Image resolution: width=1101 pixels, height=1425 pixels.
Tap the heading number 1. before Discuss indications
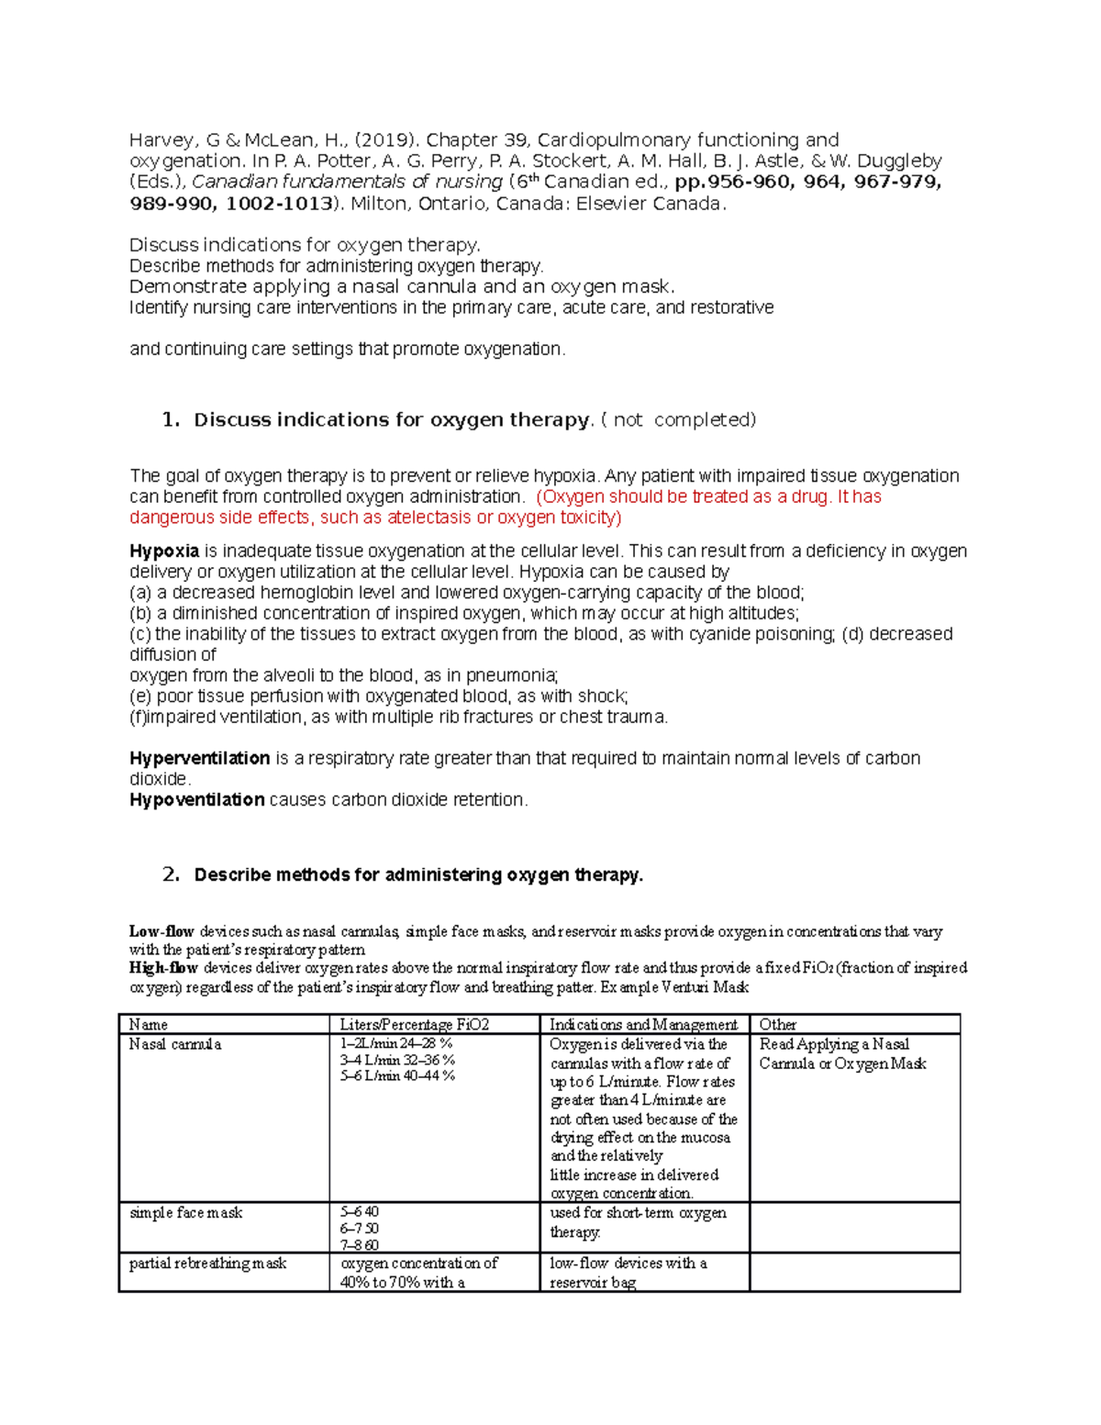pyautogui.click(x=171, y=420)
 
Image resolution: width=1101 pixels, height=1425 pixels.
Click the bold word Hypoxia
pyautogui.click(x=164, y=551)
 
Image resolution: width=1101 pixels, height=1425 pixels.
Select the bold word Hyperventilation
pyautogui.click(x=200, y=759)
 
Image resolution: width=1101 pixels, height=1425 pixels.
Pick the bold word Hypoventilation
pyautogui.click(x=197, y=800)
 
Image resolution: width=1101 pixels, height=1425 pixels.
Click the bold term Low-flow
pyautogui.click(x=161, y=932)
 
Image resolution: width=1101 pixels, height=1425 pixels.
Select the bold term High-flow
pyautogui.click(x=163, y=968)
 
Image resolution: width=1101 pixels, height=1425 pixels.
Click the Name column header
pyautogui.click(x=149, y=1025)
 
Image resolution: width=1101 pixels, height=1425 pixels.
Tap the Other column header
pyautogui.click(x=777, y=1025)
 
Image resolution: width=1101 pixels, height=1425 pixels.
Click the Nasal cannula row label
pyautogui.click(x=175, y=1044)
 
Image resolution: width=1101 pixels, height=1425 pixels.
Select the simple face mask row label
pyautogui.click(x=186, y=1213)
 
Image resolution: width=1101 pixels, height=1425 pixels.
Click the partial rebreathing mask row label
pyautogui.click(x=208, y=1264)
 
